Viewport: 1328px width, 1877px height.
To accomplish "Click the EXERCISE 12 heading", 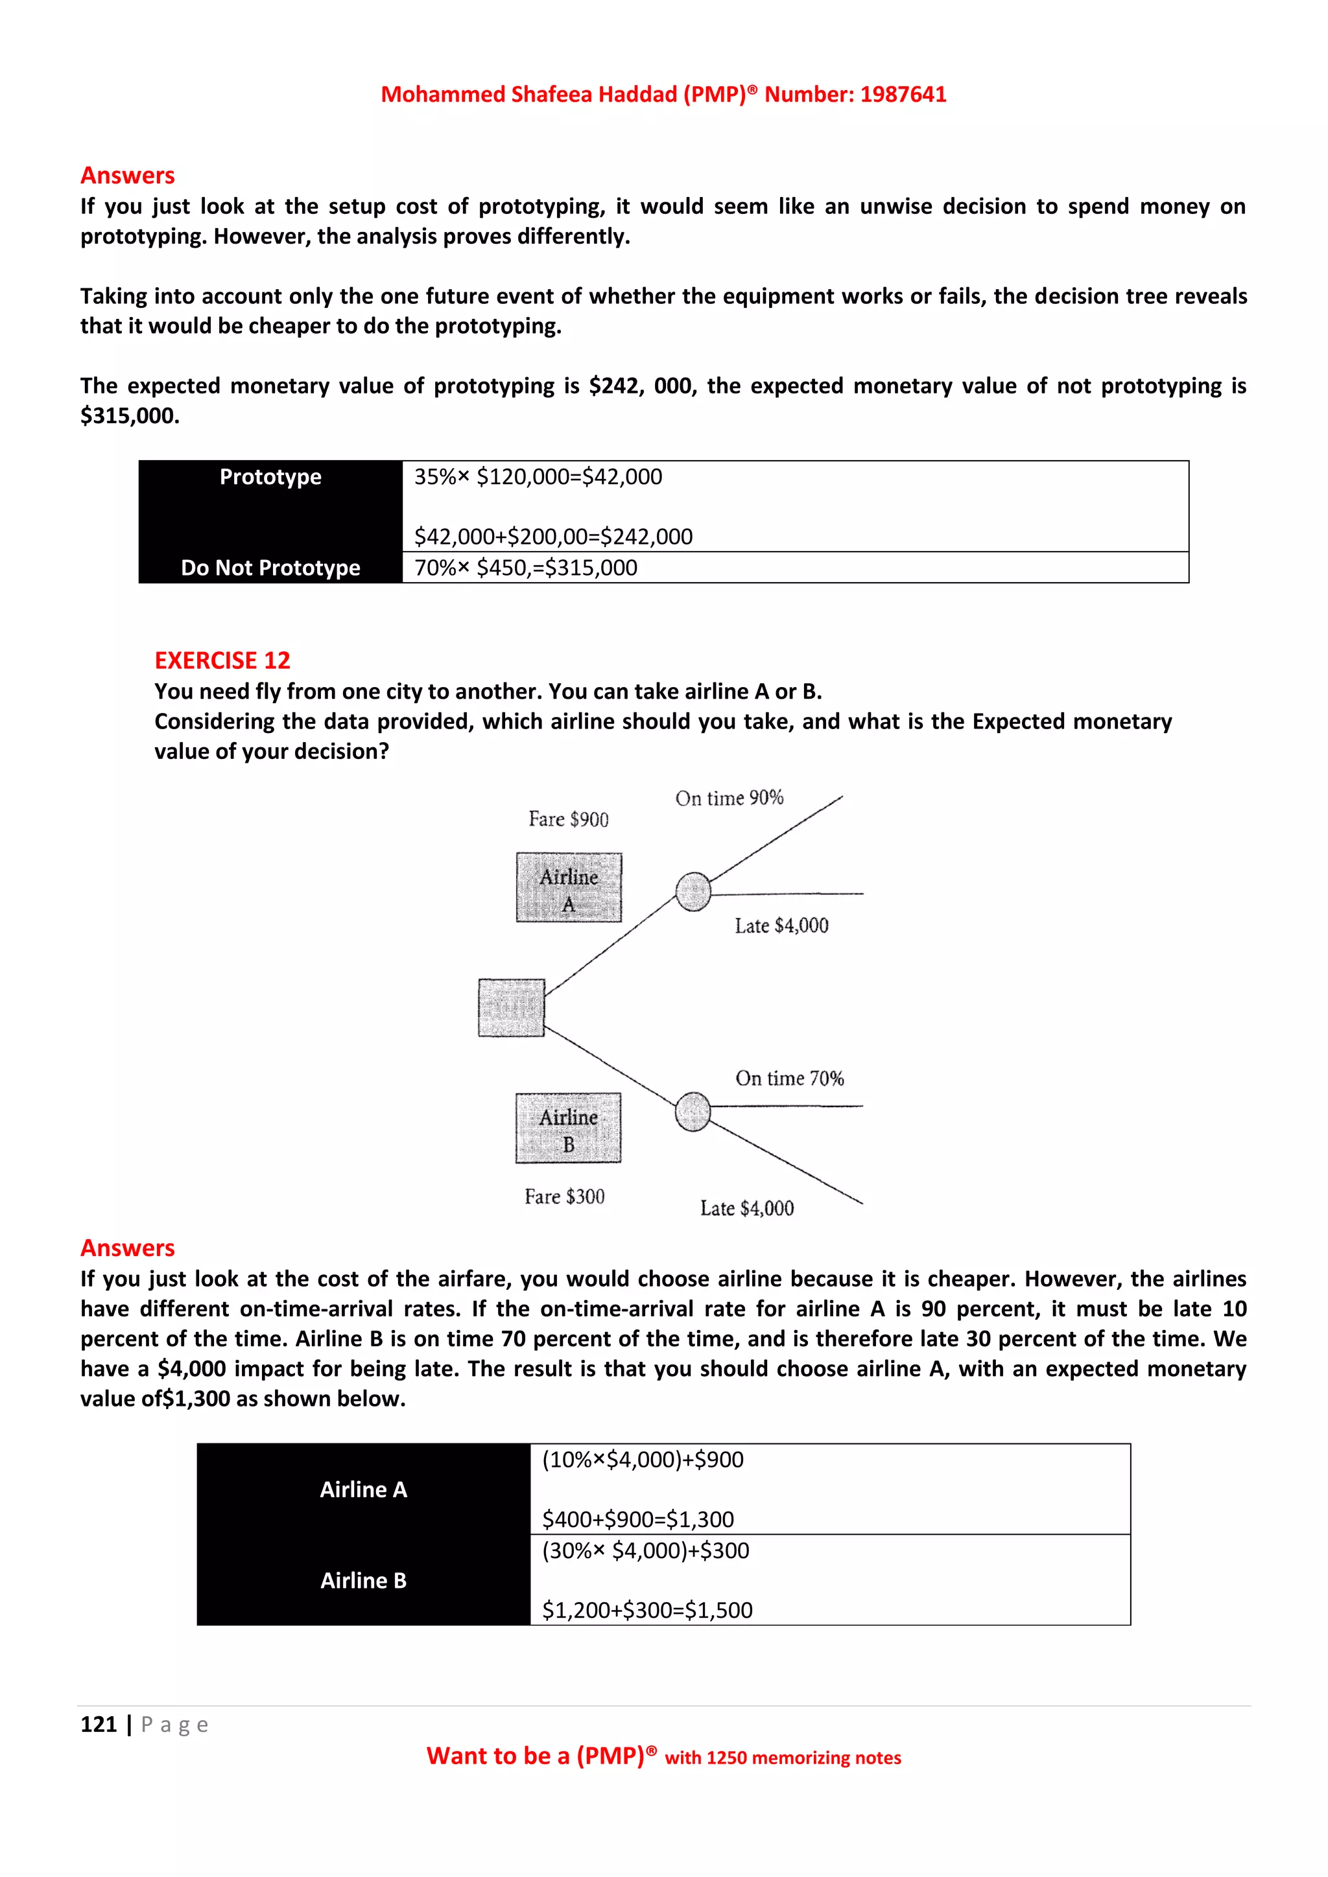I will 222,660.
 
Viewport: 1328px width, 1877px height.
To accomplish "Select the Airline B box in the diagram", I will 568,1128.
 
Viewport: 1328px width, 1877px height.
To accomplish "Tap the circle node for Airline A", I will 693,891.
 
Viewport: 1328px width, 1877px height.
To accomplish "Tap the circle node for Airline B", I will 693,1112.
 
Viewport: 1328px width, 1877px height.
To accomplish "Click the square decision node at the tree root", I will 511,1007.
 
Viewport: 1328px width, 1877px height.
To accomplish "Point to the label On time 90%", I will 729,798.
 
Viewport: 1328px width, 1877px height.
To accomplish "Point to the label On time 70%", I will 789,1078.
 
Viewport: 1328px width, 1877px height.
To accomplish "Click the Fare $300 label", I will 564,1197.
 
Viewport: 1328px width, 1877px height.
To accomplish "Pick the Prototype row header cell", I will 270,478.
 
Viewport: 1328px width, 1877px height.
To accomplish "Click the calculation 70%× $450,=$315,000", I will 525,567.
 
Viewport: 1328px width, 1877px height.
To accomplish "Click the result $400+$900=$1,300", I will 638,1519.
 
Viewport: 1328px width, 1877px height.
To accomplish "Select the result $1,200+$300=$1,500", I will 647,1610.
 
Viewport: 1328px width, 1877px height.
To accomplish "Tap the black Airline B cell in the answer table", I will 363,1580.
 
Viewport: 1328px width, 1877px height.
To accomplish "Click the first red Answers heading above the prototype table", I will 128,175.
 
